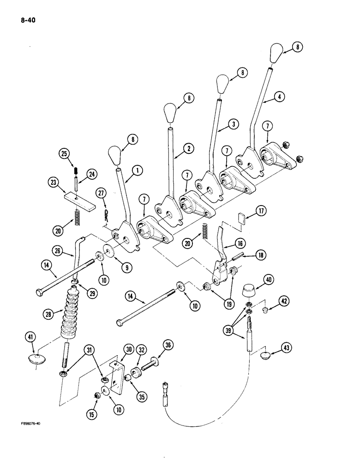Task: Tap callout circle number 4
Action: tap(280, 97)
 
